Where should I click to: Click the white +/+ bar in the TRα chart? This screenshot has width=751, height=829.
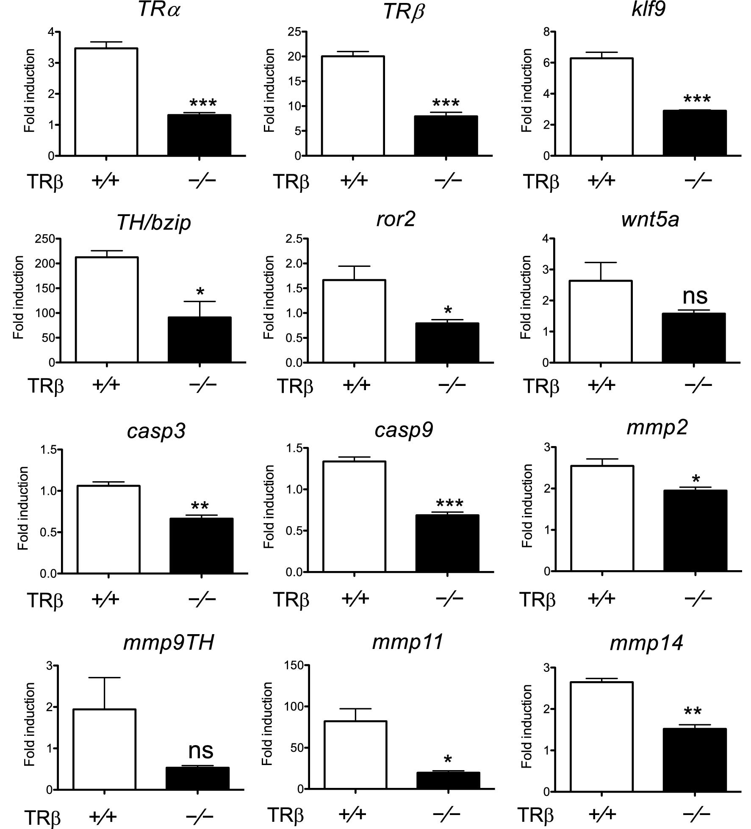tap(106, 102)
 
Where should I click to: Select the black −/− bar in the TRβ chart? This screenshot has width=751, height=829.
tap(446, 136)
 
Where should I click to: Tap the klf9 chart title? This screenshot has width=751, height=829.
tap(648, 9)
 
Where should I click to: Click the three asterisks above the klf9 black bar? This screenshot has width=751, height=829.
tap(697, 100)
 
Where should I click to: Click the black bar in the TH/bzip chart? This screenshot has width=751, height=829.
tap(200, 339)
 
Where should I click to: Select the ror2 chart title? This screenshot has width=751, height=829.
tap(396, 219)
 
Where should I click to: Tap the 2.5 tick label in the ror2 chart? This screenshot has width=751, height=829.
tap(294, 239)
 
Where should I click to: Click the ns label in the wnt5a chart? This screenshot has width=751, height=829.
tap(695, 295)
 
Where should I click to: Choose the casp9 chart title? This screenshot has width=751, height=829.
tap(404, 430)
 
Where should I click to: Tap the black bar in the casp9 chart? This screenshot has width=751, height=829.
tap(447, 543)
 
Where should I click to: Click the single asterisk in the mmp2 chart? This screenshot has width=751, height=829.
tap(696, 480)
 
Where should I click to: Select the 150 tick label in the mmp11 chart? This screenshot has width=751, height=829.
tap(295, 666)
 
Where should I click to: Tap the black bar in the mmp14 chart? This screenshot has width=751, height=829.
tap(695, 760)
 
